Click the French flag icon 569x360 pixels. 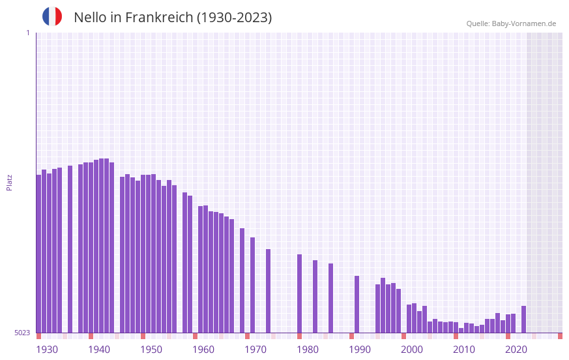[52, 16]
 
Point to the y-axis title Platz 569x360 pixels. [9, 182]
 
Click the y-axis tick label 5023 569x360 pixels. [22, 333]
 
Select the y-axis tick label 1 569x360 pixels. [27, 33]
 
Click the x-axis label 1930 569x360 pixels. [47, 350]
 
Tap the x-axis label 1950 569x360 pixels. [151, 350]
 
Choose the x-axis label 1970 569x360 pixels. [255, 350]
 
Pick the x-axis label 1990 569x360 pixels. [360, 350]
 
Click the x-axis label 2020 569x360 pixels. [516, 350]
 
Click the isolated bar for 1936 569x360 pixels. [70, 248]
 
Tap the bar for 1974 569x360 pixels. [268, 290]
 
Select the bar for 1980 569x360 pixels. [299, 293]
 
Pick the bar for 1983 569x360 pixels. [315, 296]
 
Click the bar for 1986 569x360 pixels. [330, 297]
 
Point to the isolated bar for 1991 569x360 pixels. [357, 304]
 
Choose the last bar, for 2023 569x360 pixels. [523, 319]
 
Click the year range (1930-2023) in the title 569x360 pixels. [234, 18]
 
